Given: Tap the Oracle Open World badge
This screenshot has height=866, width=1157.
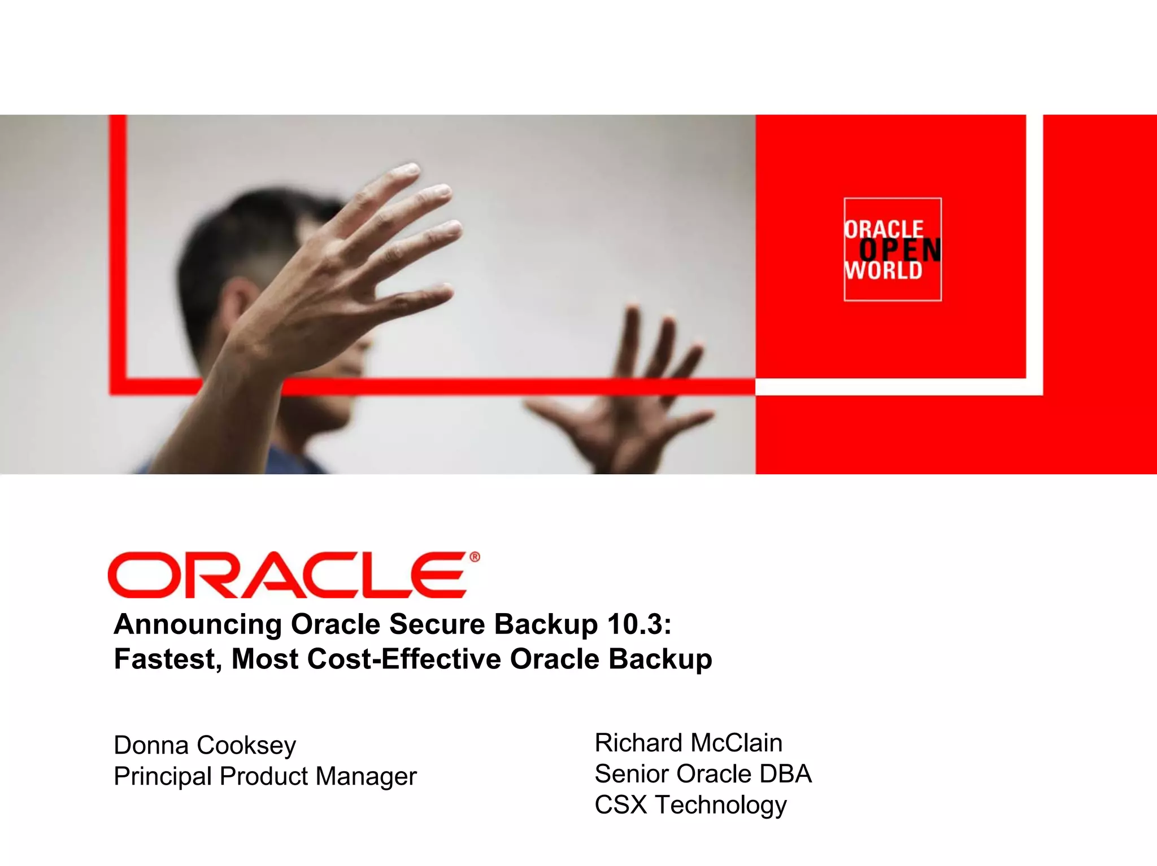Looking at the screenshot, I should coord(893,250).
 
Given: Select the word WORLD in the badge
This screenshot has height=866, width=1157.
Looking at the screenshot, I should coord(884,271).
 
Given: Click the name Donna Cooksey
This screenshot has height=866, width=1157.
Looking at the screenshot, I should coord(205,745).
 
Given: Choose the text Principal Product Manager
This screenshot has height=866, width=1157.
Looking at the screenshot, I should coord(265,776).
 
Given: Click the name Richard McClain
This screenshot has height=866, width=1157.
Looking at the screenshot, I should coord(688,743).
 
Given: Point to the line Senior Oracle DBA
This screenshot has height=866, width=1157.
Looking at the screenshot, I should coord(703,774).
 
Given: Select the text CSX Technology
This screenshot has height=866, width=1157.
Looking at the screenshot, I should coord(690,805).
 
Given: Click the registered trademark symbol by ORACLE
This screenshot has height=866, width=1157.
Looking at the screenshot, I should coord(475,557).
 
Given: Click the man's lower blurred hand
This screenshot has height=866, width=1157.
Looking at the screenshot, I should coord(633,395).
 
